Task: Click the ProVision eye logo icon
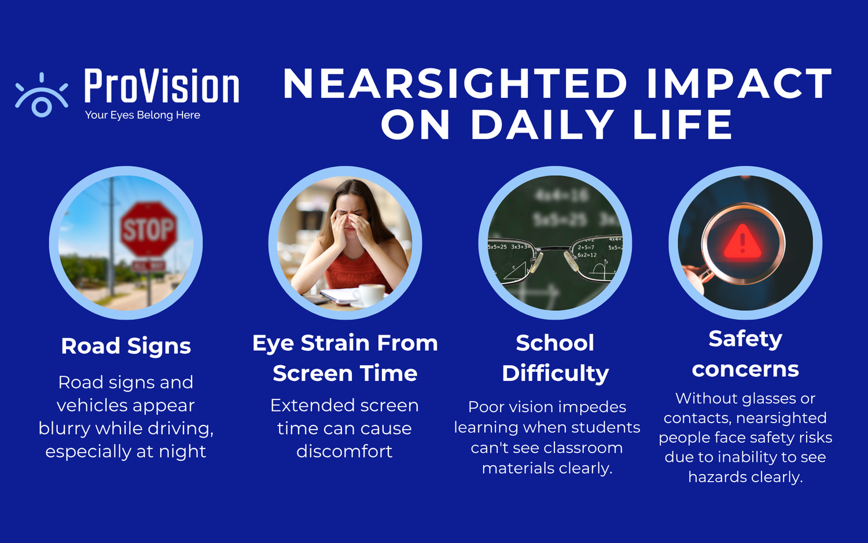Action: point(42,96)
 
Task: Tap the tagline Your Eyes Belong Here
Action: point(142,115)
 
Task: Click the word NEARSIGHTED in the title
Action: point(455,84)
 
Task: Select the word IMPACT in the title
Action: point(739,84)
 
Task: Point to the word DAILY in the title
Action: point(542,125)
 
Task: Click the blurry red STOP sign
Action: point(148,229)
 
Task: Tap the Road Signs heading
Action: point(126,346)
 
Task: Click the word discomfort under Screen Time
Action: point(344,452)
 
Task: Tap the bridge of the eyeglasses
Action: point(555,250)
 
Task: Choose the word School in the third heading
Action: point(555,343)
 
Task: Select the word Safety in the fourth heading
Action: point(745,339)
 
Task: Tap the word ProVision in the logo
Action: point(161,87)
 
